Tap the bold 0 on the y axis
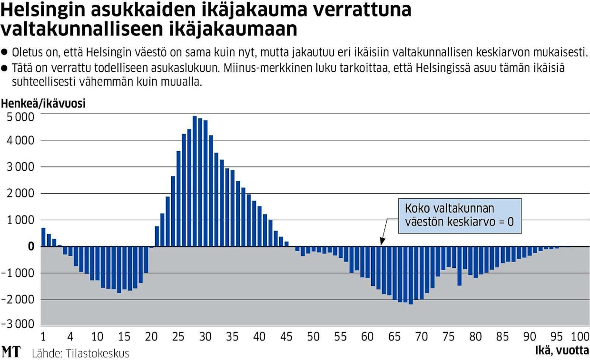pyautogui.click(x=31, y=246)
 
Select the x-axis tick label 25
pyautogui.click(x=178, y=337)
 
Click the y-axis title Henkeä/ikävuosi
pyautogui.click(x=44, y=103)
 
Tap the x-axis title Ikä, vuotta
pyautogui.click(x=562, y=352)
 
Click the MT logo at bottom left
pyautogui.click(x=11, y=352)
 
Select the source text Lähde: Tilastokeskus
pyautogui.click(x=80, y=353)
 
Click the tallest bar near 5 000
pyautogui.click(x=195, y=181)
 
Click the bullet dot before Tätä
pyautogui.click(x=5, y=68)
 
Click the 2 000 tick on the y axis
pyautogui.click(x=20, y=194)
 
